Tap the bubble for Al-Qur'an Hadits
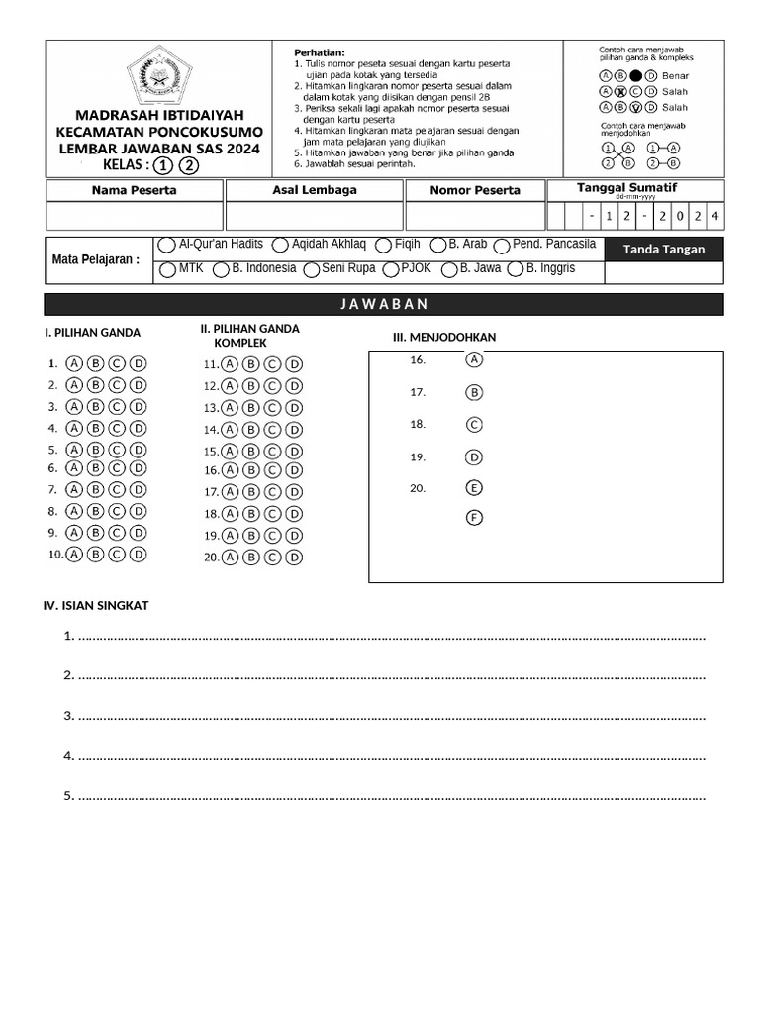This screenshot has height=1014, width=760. [x=166, y=245]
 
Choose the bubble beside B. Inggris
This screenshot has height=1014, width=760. [x=516, y=269]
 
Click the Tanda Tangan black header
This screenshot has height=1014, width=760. [x=663, y=250]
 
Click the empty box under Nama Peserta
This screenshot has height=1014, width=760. [x=134, y=216]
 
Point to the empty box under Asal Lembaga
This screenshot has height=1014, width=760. [x=314, y=216]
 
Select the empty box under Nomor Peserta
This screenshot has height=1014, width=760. [x=475, y=216]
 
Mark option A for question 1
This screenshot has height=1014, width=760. [x=74, y=363]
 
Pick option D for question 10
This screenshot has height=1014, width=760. [x=139, y=555]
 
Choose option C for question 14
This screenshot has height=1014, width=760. [x=272, y=430]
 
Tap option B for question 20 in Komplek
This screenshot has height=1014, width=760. [x=250, y=558]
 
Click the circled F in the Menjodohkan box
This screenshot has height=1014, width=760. [x=475, y=517]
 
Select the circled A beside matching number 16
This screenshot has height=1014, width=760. [x=475, y=360]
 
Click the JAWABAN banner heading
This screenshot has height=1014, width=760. [x=384, y=304]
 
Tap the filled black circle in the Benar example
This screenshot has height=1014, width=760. [x=636, y=75]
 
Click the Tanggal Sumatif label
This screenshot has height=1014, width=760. [x=626, y=187]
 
